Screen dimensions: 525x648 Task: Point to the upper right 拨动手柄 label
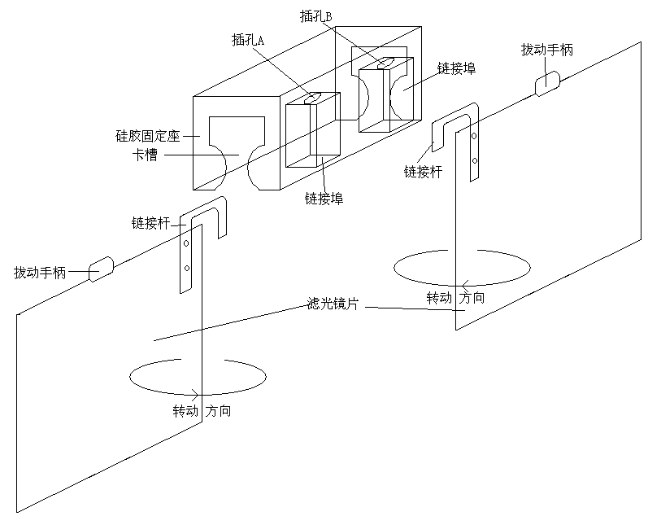point(546,49)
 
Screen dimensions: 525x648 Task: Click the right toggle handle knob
point(547,82)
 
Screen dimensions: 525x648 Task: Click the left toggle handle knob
point(101,268)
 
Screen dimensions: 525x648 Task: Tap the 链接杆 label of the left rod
point(150,222)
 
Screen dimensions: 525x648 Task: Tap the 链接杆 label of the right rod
point(424,171)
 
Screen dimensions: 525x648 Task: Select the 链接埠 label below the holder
point(324,198)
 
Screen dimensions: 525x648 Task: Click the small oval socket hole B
point(385,63)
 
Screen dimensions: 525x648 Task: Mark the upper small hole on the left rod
point(186,243)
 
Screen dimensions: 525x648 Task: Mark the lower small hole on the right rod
point(473,160)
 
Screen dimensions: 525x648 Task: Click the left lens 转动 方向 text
point(202,411)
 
